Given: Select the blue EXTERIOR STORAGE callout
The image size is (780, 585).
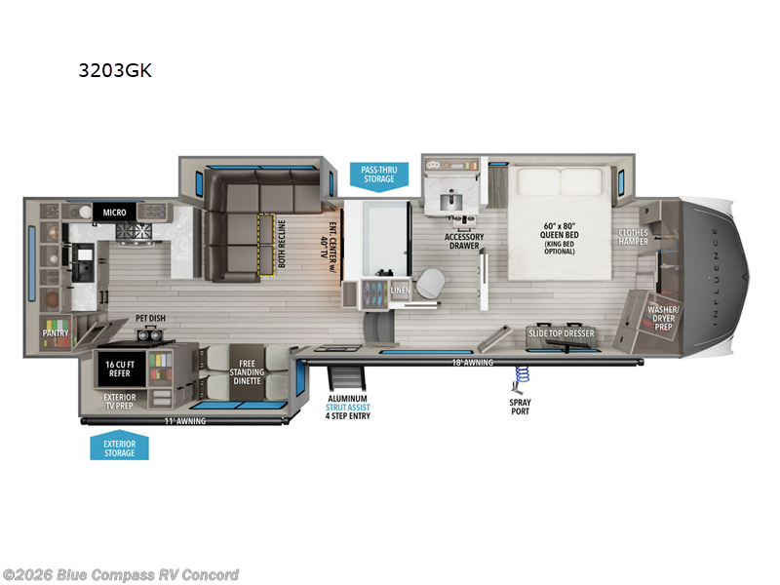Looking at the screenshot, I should click(119, 448).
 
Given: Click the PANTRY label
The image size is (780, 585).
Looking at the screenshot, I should click(56, 332).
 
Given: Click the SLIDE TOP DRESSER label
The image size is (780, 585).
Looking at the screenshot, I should click(561, 333).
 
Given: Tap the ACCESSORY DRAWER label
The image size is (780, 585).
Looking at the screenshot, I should click(464, 241).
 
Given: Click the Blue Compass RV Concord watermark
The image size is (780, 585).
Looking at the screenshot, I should click(121, 574).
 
